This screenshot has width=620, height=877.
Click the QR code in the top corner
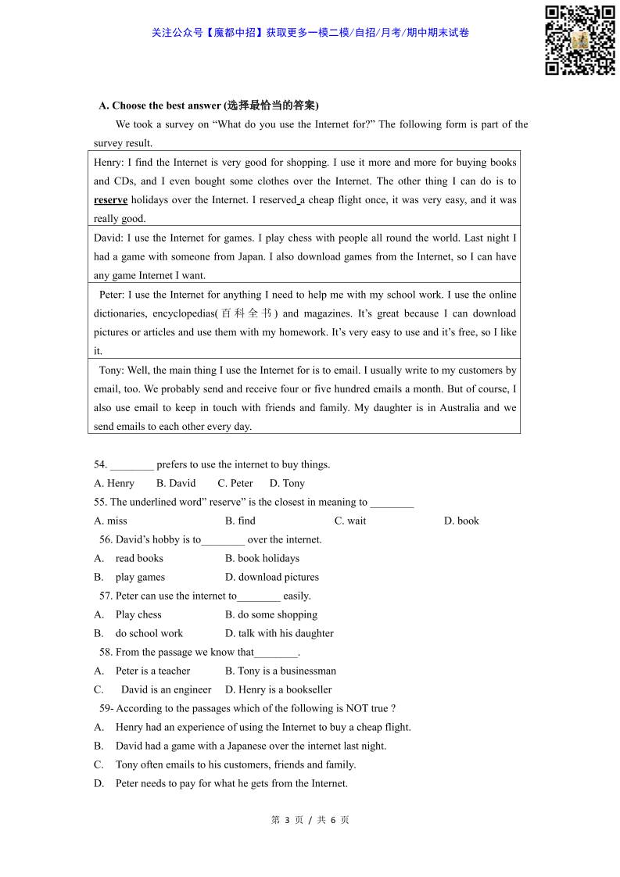[579, 40]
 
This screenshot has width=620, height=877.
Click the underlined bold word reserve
[110, 200]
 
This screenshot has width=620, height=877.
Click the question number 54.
[99, 464]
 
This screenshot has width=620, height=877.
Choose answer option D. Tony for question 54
[287, 483]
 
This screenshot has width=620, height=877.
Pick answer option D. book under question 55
[461, 521]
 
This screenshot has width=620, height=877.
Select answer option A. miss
[110, 521]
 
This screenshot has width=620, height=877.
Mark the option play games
[140, 577]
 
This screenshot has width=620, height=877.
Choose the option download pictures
[272, 577]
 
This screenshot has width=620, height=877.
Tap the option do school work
[149, 633]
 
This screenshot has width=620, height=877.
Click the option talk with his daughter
[279, 633]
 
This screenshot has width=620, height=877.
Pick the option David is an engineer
[166, 689]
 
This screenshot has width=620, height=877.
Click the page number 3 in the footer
[288, 820]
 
